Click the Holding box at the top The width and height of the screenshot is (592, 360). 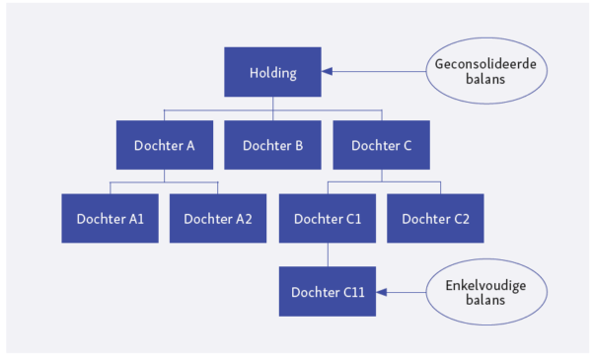(x=271, y=72)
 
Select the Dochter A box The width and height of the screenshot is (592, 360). (x=164, y=145)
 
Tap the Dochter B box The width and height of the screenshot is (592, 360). (x=271, y=145)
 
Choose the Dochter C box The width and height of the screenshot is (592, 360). (x=380, y=145)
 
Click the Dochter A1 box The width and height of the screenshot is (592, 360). (x=110, y=218)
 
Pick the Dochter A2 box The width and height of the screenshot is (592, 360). (x=218, y=218)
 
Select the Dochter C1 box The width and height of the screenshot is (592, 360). (x=327, y=218)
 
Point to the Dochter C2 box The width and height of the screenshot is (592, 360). (x=435, y=218)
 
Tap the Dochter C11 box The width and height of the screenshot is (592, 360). (x=327, y=292)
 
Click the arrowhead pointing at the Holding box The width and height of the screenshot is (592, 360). (x=328, y=72)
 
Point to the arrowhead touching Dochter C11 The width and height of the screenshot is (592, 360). (x=383, y=292)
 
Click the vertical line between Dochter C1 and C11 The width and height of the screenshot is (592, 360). (x=327, y=254)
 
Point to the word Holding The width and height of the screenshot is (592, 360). (x=271, y=72)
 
